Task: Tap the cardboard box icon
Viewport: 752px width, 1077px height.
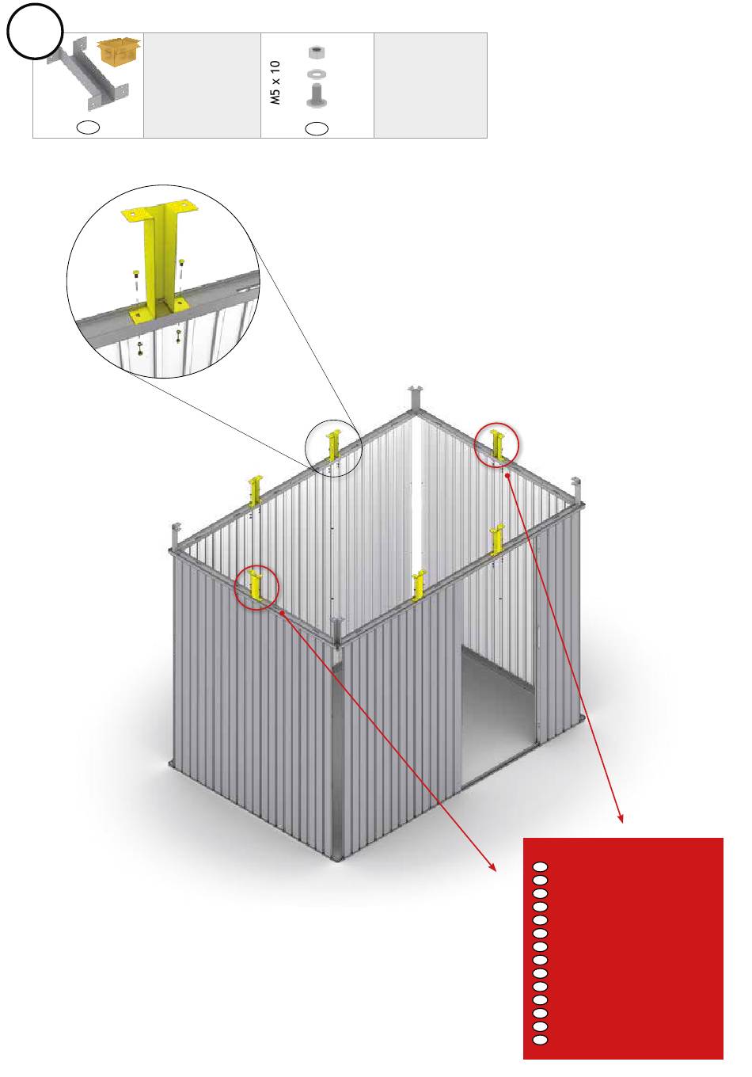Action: (x=119, y=51)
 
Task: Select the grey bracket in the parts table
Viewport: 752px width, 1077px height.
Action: (x=88, y=74)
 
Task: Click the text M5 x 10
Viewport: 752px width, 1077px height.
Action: (x=275, y=82)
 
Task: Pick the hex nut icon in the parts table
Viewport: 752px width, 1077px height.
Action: (x=316, y=52)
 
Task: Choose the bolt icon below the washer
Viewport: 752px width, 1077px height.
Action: (x=316, y=95)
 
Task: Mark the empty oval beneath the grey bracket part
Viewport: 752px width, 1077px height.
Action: (x=89, y=127)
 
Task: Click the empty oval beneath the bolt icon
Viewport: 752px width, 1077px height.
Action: (x=317, y=128)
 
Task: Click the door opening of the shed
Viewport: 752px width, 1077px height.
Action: (x=497, y=717)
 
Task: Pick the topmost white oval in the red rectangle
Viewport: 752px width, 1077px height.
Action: (x=540, y=867)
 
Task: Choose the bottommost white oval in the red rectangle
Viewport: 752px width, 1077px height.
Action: (x=540, y=1040)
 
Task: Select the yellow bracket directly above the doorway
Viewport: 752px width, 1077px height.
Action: (x=497, y=540)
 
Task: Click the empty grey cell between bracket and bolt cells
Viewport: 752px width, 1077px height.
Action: (x=203, y=86)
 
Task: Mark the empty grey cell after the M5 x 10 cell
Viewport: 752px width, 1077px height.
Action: (x=431, y=86)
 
